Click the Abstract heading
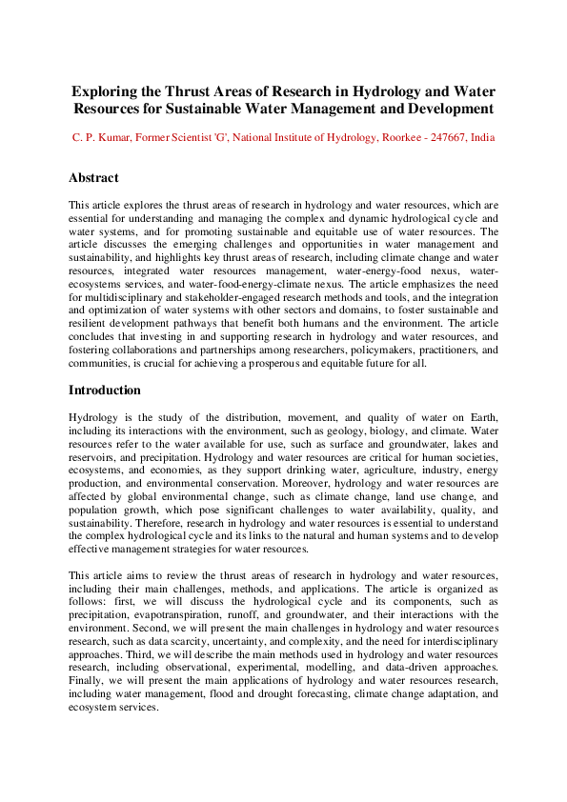(93, 178)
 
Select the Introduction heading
(105, 391)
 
